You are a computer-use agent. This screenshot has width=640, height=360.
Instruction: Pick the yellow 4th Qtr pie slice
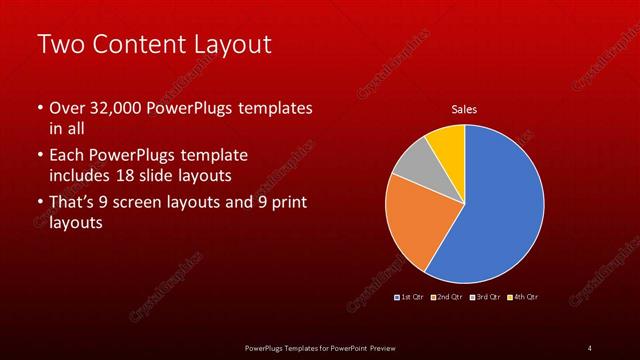pos(447,143)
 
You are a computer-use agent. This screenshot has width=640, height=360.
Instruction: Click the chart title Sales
pos(464,108)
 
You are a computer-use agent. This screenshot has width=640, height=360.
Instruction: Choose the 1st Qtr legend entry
pos(412,297)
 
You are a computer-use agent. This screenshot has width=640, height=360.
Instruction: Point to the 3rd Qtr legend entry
pos(486,297)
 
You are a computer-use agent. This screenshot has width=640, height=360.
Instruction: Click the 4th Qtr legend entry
pos(525,297)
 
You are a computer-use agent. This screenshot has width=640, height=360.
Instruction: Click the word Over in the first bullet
pos(66,109)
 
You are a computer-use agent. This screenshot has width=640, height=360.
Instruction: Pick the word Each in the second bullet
pos(67,157)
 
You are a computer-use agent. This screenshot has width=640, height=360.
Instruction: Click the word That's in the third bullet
pos(75,205)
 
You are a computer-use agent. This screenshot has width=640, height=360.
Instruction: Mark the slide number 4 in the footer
pos(589,347)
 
